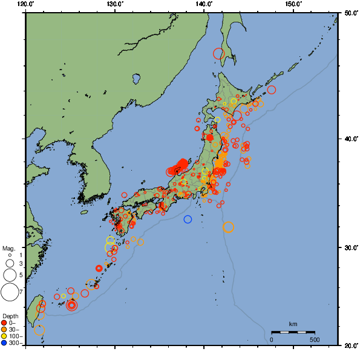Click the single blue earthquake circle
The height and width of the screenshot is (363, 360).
(x=188, y=219)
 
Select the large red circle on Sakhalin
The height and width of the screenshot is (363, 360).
(x=219, y=54)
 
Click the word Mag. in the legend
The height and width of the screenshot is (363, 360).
(x=8, y=249)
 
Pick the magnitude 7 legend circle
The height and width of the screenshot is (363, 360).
(x=10, y=292)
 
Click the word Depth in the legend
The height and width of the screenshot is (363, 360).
(x=10, y=316)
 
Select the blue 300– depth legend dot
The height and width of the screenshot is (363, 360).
(x=4, y=343)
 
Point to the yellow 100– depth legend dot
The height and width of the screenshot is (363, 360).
(x=4, y=336)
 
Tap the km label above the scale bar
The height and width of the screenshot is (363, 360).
(x=293, y=324)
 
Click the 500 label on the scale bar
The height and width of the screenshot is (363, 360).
(x=315, y=339)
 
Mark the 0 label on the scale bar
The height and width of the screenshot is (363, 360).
(x=271, y=339)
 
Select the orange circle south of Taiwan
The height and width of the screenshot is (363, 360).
(x=39, y=330)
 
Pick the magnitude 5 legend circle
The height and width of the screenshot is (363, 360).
(x=10, y=275)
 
